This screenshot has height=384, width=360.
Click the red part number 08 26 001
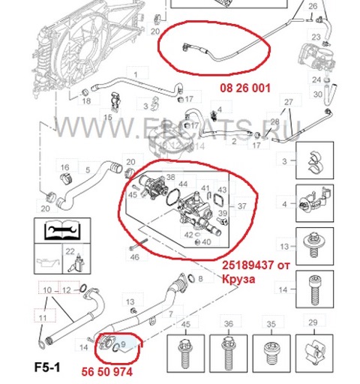244,87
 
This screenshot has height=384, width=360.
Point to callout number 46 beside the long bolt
134,256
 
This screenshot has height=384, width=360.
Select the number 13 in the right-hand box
283,245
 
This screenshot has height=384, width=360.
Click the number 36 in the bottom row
228,323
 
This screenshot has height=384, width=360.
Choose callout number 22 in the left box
69,251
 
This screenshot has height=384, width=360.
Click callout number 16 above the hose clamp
64,166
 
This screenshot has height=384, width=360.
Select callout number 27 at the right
288,101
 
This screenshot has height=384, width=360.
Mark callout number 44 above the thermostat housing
182,184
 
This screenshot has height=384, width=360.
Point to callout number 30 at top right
317,94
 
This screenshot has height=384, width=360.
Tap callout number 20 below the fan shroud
154,32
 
